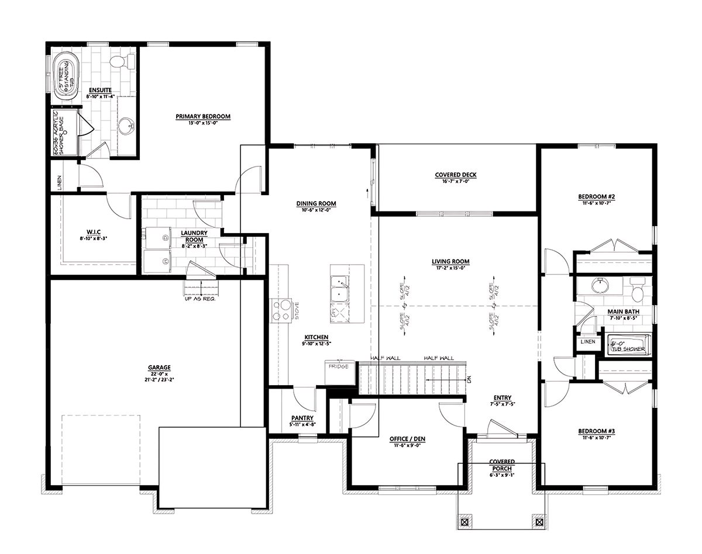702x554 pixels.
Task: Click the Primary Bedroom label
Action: click(203, 117)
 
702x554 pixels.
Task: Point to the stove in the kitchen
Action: click(280, 310)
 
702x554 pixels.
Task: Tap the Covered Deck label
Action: click(456, 175)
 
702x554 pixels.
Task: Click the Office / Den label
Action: click(407, 438)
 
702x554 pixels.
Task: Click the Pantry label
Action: click(302, 418)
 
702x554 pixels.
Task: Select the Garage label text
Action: click(159, 368)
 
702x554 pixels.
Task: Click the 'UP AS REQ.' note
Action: click(201, 298)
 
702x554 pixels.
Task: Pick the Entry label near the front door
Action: click(502, 397)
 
